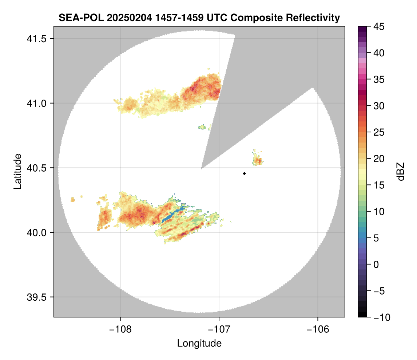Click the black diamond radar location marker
tap(244, 173)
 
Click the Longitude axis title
tap(199, 343)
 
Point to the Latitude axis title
tap(17, 171)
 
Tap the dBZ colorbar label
tap(401, 171)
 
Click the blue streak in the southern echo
tap(171, 215)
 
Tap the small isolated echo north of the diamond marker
tap(257, 159)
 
